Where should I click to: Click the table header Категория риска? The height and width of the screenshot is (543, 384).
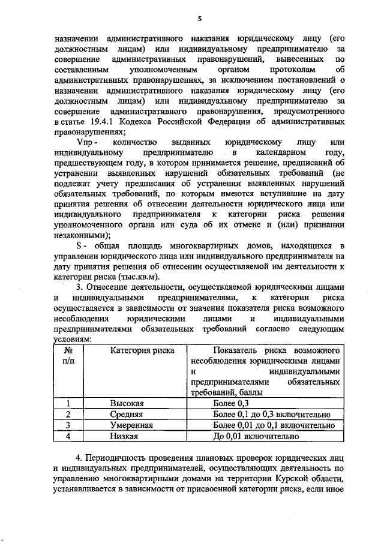[134, 350]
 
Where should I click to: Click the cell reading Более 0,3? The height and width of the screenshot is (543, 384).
[229, 403]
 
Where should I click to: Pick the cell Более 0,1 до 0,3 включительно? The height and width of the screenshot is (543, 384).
[270, 414]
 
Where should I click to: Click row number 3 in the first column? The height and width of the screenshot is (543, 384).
[68, 425]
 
